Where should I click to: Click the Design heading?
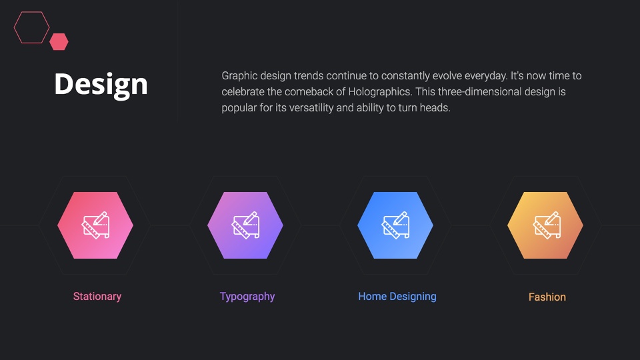101,85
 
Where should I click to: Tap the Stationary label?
97,296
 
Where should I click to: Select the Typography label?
247,297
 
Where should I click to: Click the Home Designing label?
397,297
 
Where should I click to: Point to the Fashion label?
547,297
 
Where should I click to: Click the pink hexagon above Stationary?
95,225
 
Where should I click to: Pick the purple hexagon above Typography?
245,225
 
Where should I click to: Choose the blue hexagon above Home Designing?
395,225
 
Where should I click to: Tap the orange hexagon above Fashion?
545,225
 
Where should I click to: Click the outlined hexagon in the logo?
14,27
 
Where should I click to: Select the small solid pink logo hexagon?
59,41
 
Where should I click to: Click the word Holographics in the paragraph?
379,92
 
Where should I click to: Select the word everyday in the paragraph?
486,76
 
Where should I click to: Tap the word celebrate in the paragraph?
243,91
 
